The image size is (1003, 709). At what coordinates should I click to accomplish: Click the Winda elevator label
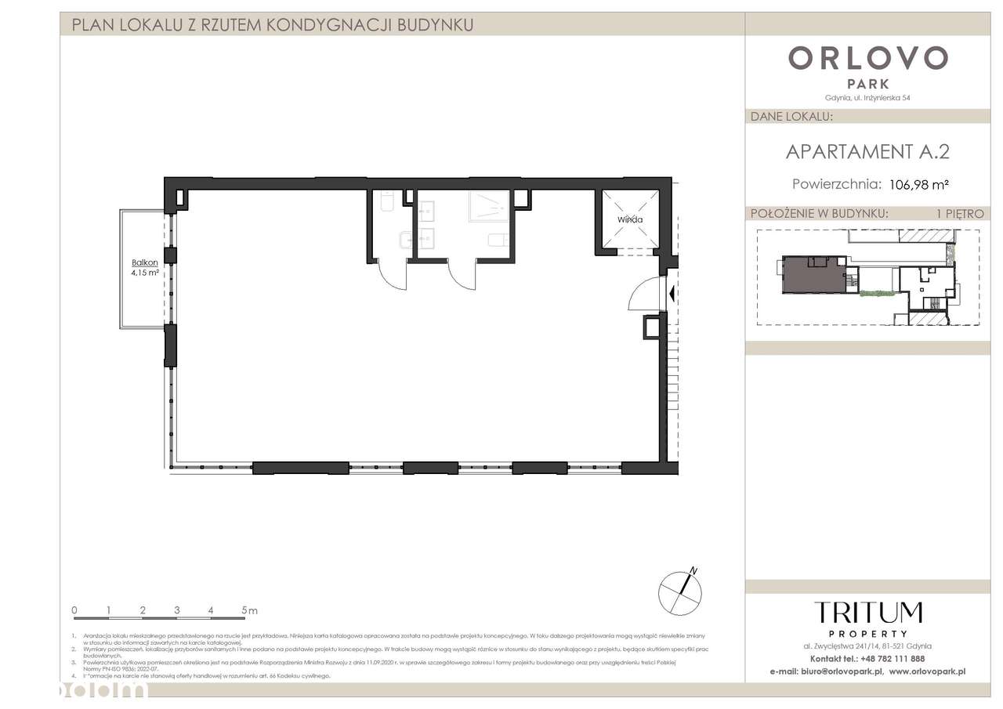click(629, 219)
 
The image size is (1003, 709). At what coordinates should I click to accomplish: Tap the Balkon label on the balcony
click(146, 263)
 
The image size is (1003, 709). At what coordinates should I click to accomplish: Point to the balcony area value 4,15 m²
click(146, 273)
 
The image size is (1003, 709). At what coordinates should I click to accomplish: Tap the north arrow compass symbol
click(679, 589)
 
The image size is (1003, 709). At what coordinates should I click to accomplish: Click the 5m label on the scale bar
click(249, 610)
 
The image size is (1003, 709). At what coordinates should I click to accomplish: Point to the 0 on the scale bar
click(74, 610)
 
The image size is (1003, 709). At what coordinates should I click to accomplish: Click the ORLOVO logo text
click(867, 58)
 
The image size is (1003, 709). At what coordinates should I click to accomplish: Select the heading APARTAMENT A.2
click(867, 151)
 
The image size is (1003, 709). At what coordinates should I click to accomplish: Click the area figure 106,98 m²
click(919, 185)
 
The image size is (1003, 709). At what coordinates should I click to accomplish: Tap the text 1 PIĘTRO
click(959, 213)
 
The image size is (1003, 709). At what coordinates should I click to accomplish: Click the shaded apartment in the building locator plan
click(811, 277)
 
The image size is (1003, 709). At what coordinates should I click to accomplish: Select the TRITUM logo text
click(867, 613)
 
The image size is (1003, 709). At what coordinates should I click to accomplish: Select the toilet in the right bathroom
click(497, 240)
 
